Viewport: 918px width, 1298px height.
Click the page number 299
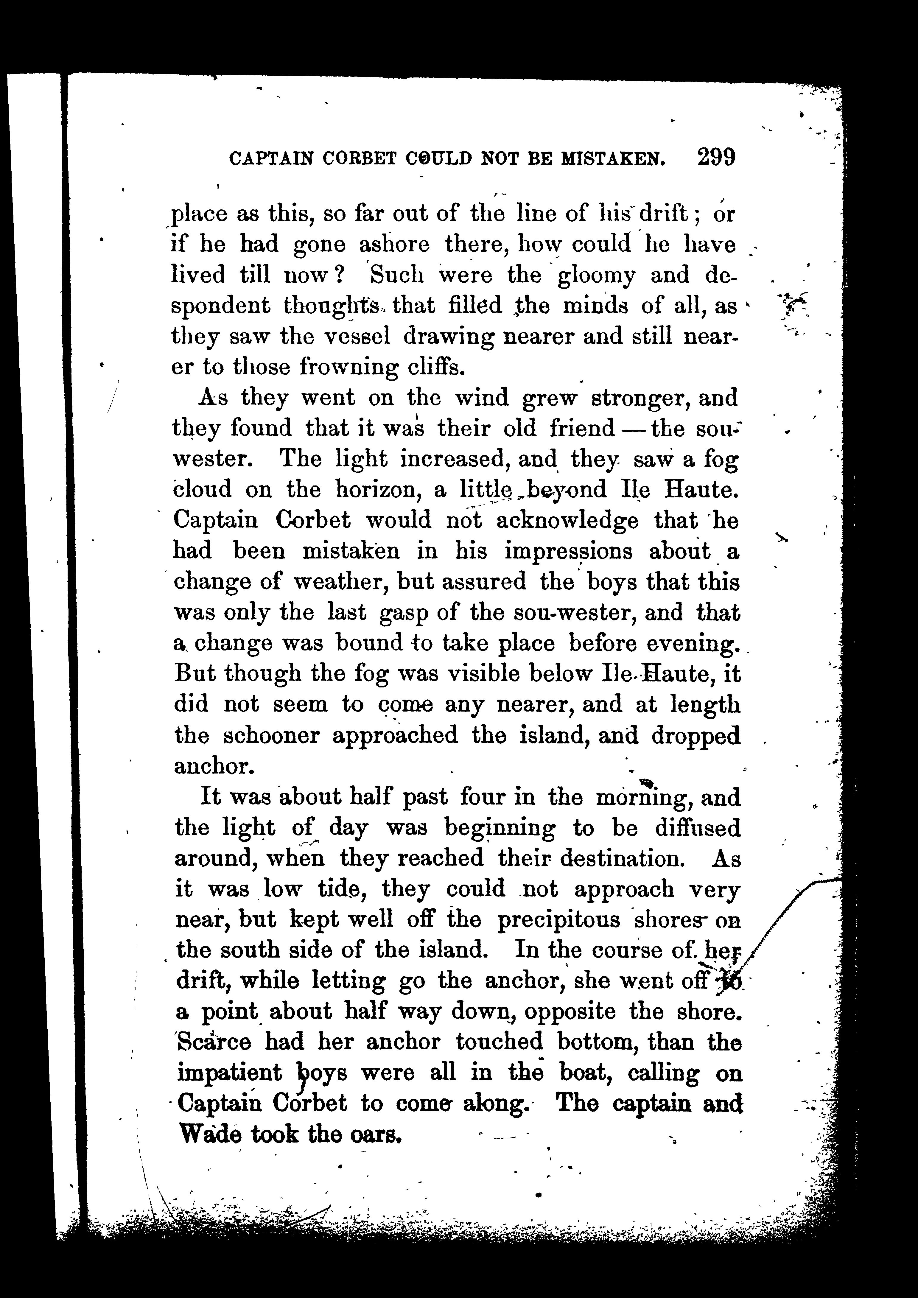[x=716, y=157]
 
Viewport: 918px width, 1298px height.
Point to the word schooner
[x=272, y=735]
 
